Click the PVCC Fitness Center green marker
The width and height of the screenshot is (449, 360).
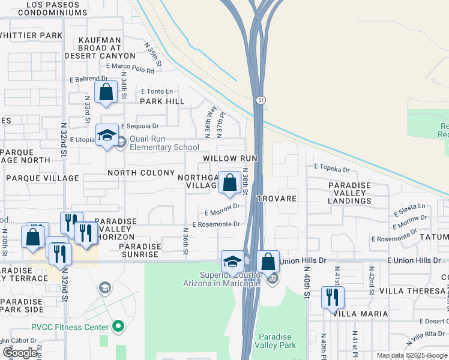click(x=118, y=327)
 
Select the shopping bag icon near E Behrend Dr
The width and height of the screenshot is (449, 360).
click(x=106, y=93)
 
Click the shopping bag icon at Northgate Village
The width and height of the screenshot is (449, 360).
click(x=229, y=182)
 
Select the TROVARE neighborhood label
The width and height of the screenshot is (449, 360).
click(x=277, y=198)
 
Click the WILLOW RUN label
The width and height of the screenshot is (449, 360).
click(x=230, y=158)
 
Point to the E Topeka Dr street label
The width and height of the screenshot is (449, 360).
click(x=331, y=170)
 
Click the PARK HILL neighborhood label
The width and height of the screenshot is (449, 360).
click(x=162, y=101)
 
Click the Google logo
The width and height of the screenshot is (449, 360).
click(x=20, y=353)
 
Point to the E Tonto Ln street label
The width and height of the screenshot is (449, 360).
click(x=157, y=91)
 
